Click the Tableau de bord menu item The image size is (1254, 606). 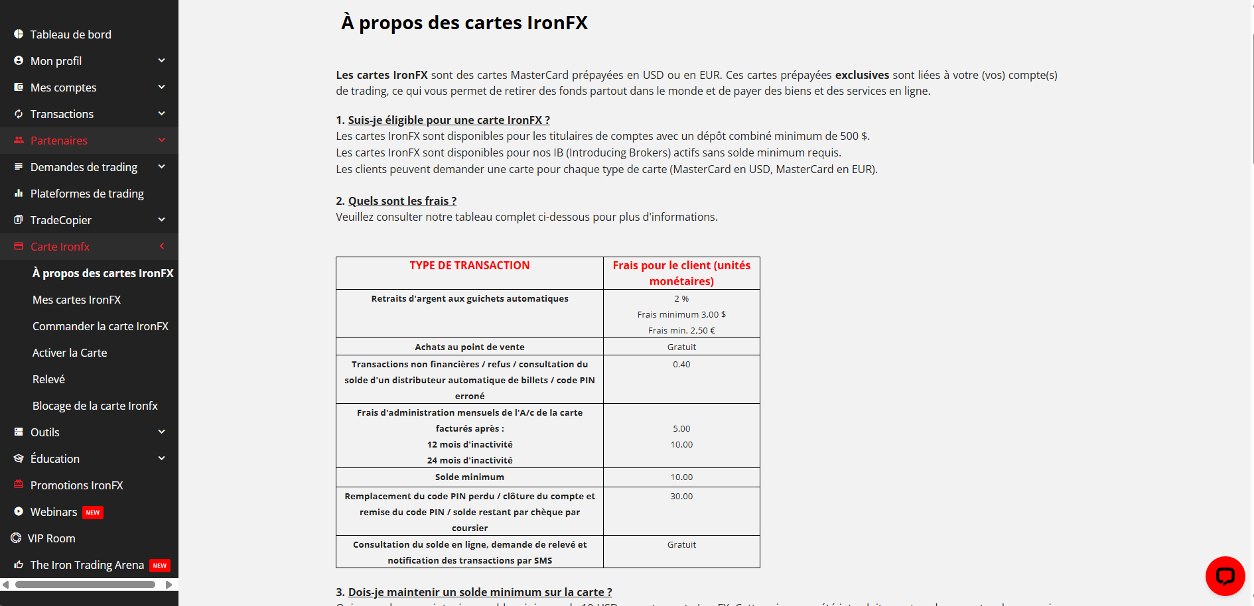coord(70,34)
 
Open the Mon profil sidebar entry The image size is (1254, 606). coord(56,61)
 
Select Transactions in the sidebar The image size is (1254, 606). coord(62,114)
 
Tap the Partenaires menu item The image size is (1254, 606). coord(59,141)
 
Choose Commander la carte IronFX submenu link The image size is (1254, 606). coord(100,326)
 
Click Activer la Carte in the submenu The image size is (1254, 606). coord(70,353)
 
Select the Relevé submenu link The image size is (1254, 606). coord(49,379)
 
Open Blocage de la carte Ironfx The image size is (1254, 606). coord(95,406)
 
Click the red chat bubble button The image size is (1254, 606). coord(1225,576)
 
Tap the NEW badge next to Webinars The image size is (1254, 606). coord(93,513)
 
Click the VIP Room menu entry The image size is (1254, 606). coord(52,538)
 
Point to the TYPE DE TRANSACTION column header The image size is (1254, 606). coord(469,265)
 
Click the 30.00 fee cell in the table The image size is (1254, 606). coord(681,496)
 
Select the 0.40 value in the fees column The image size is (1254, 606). coord(681,364)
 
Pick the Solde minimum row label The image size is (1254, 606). coord(469,477)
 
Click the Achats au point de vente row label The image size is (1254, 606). coord(469,347)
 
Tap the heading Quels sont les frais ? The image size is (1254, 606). coord(402,201)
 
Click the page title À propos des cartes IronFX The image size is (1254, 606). coord(464,23)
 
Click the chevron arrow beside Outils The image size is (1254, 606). coord(161,432)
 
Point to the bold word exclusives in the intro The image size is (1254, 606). coord(862,75)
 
